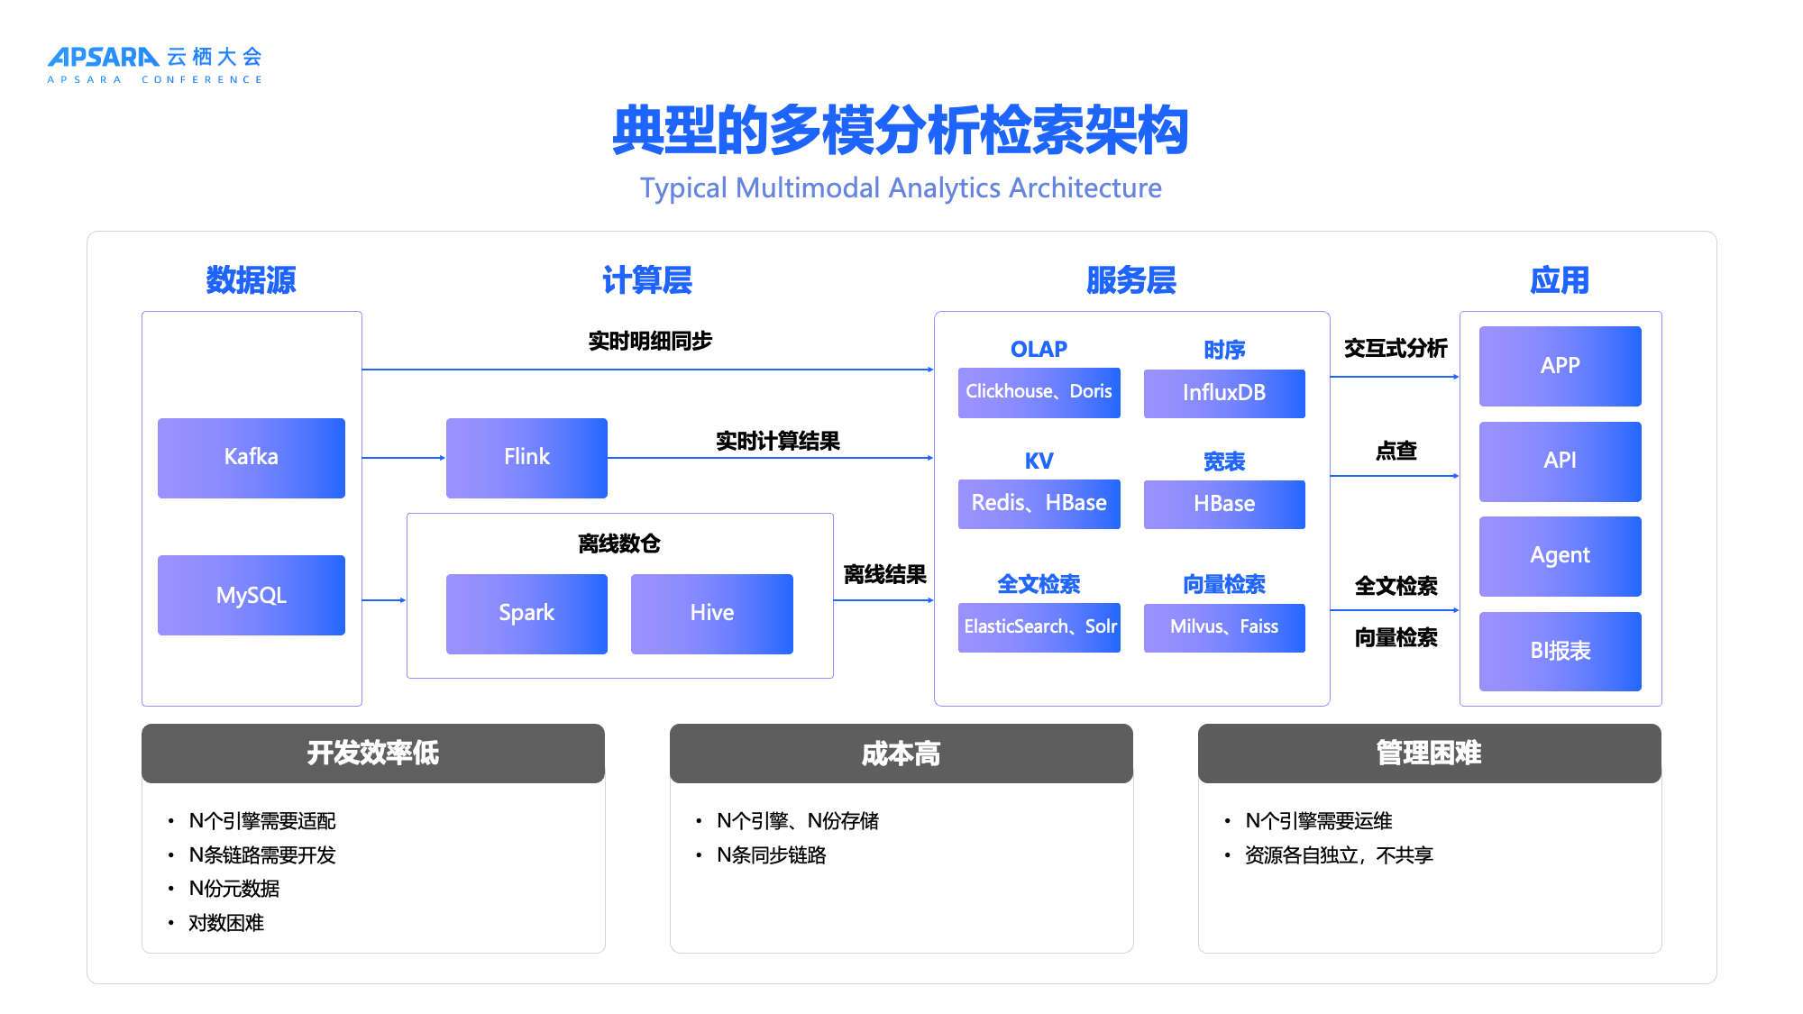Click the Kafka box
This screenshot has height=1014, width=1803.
[251, 458]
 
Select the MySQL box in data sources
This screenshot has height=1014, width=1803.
[251, 595]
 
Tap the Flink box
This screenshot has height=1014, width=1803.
[526, 458]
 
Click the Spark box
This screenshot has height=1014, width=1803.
[526, 613]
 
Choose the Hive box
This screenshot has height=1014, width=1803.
[711, 613]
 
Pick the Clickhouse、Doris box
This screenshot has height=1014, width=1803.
[1039, 392]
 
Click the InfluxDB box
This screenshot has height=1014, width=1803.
[1223, 393]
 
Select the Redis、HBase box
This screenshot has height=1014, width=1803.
[1039, 503]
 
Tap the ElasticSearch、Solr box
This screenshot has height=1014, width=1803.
[1039, 626]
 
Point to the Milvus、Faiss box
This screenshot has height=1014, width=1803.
[1223, 626]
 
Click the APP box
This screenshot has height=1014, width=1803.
[1560, 366]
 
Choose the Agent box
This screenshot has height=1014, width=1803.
[1560, 555]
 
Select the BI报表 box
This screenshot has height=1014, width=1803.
[1560, 651]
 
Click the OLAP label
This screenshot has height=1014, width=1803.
[1039, 349]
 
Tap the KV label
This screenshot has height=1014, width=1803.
[1039, 461]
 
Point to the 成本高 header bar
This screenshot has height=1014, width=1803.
[901, 754]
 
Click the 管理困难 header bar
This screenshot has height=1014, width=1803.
[1429, 754]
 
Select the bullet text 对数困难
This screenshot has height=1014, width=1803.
[226, 923]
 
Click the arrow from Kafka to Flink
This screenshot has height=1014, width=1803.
[403, 458]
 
